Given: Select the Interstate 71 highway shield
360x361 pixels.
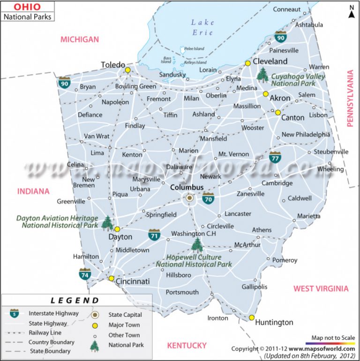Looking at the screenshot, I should click(x=154, y=234).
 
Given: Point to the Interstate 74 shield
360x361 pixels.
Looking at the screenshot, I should click(x=85, y=273).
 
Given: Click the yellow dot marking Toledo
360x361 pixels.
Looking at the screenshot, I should click(x=127, y=70).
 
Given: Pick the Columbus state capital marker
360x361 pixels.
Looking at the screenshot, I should click(x=189, y=198).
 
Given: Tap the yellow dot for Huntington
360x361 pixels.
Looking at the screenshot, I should click(x=252, y=318).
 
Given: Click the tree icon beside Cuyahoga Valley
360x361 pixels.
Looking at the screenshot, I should click(x=262, y=75).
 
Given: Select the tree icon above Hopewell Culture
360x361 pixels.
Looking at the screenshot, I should click(x=197, y=245).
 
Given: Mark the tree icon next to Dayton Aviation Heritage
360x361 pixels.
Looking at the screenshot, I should click(x=107, y=223).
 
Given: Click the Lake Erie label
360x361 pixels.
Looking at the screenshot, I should click(x=202, y=27).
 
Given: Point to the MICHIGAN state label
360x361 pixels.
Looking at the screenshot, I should click(x=79, y=39).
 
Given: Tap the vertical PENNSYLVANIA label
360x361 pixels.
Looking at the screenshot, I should click(x=350, y=98).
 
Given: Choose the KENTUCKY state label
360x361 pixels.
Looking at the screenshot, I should click(x=187, y=346).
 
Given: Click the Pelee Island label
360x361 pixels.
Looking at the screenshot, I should click(x=194, y=48).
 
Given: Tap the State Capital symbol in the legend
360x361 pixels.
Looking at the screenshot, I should click(x=96, y=315).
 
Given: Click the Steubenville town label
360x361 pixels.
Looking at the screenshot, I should click(x=331, y=152).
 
